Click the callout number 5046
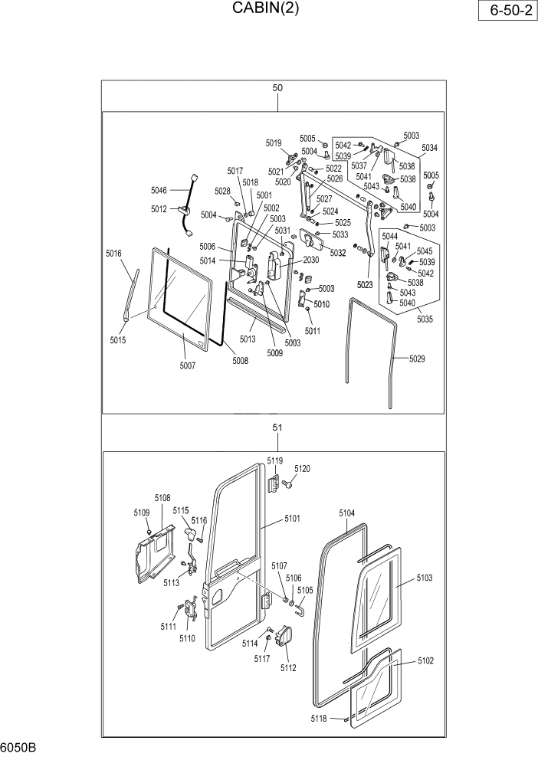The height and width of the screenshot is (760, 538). coord(159,190)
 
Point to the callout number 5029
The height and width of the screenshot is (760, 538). coord(417,359)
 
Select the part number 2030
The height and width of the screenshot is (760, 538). coord(310,260)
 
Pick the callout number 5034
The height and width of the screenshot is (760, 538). coord(429,148)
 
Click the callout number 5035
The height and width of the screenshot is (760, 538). coord(426,319)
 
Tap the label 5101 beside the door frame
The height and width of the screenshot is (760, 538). coord(292,519)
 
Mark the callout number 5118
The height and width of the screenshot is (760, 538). coord(319,718)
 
